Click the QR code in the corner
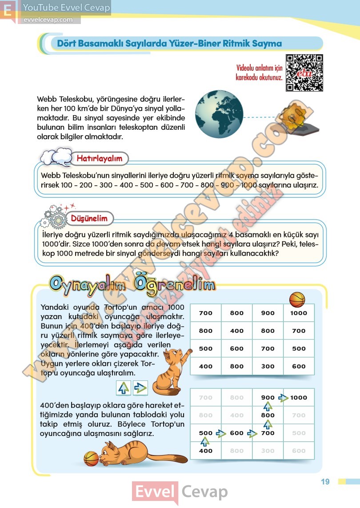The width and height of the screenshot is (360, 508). pyautogui.click(x=304, y=73)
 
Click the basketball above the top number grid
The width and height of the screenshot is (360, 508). pyautogui.click(x=297, y=300)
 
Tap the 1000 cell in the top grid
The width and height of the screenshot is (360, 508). pyautogui.click(x=299, y=313)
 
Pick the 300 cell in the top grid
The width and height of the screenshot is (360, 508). pyautogui.click(x=268, y=366)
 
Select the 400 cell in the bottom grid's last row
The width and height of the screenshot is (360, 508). pyautogui.click(x=205, y=451)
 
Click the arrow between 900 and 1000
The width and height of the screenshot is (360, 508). pyautogui.click(x=283, y=397)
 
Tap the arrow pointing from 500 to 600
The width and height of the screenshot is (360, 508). pyautogui.click(x=221, y=433)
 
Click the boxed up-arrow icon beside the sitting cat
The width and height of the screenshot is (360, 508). pyautogui.click(x=123, y=388)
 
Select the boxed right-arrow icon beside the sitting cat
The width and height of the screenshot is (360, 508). pyautogui.click(x=140, y=388)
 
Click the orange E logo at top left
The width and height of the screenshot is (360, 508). pyautogui.click(x=8, y=11)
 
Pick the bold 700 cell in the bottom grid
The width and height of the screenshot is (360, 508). pyautogui.click(x=268, y=433)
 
